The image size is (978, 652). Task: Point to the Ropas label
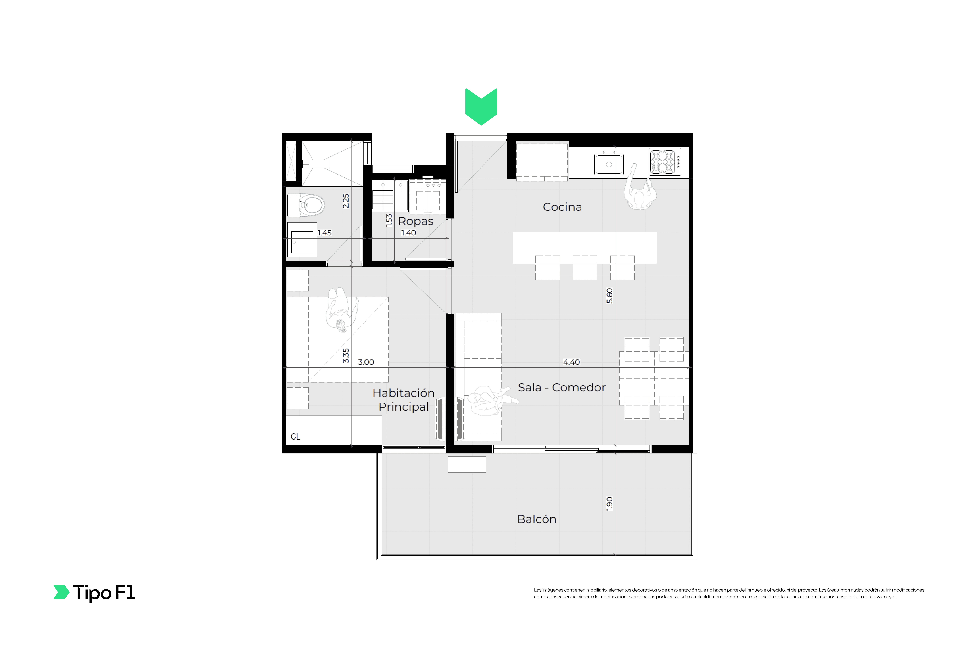[x=416, y=221]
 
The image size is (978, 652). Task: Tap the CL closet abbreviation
[x=296, y=437]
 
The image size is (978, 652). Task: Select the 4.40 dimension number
[x=571, y=362]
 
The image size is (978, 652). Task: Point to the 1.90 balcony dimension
[x=610, y=503]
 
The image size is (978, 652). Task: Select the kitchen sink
[x=609, y=164]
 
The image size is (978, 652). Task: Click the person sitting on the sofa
[x=491, y=400]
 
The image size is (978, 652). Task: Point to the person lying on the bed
[x=341, y=310]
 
